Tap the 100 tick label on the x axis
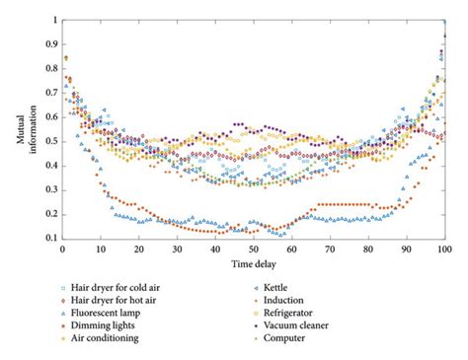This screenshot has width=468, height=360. click(445, 248)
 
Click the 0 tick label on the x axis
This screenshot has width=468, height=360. click(62, 248)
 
